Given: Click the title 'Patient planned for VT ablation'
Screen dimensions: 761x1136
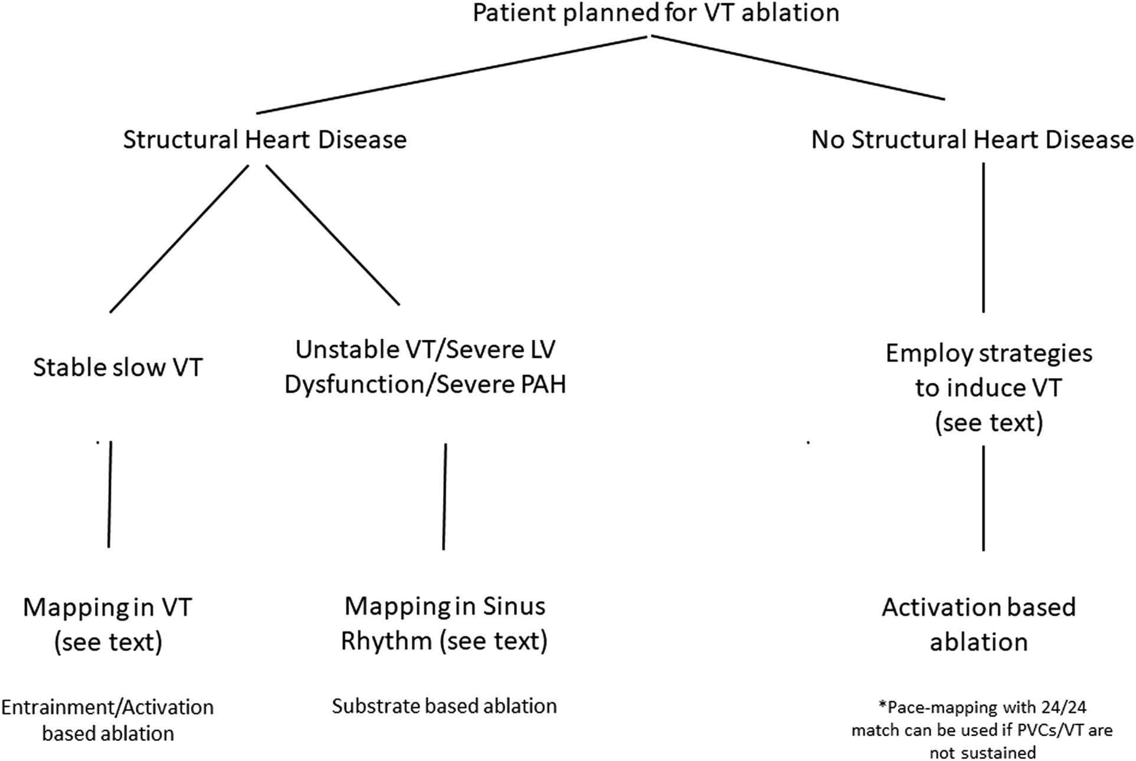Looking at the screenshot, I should tap(656, 13).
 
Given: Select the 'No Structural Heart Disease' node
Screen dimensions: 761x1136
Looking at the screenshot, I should tap(972, 140).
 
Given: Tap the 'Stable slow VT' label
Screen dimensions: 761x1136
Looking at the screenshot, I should tap(117, 368).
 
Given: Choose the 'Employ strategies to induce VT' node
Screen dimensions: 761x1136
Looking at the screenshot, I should tap(989, 388).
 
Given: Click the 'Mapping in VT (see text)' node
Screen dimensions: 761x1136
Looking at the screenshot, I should tap(108, 624).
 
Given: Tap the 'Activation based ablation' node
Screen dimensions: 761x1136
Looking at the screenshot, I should tap(979, 624).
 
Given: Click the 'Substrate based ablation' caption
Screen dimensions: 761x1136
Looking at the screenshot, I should tap(444, 706).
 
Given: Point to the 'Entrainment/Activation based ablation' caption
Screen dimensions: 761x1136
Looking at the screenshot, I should tap(107, 720).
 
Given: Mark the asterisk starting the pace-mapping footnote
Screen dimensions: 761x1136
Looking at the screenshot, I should tap(883, 705).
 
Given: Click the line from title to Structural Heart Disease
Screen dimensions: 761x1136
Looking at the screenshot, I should tap(453, 74).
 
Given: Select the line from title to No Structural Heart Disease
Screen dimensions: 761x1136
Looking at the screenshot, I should tap(797, 67).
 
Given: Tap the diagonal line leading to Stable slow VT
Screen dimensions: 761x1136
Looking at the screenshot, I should tap(179, 238).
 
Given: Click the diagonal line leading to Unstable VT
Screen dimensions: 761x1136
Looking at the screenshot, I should tap(332, 234).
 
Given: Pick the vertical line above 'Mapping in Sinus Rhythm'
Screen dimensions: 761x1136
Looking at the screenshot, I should tap(444, 496).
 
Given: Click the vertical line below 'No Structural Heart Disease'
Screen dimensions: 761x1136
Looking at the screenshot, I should tap(983, 237).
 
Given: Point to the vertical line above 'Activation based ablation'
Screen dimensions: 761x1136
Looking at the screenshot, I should tap(983, 498).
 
